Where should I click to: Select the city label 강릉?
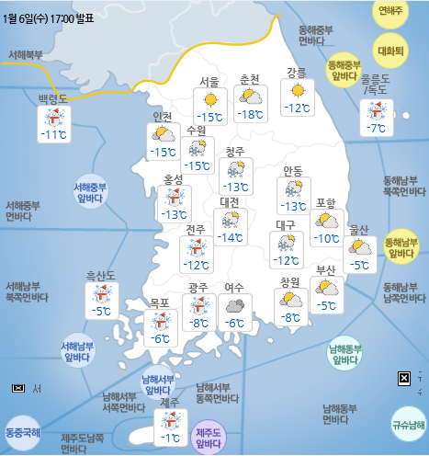pyautogui.click(x=296, y=73)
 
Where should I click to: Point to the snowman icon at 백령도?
pyautogui.click(x=54, y=117)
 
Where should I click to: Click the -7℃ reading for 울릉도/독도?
pyautogui.click(x=376, y=128)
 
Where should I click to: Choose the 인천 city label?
pyautogui.click(x=164, y=117)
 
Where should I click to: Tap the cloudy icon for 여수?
pyautogui.click(x=235, y=304)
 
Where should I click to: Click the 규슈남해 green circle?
pyautogui.click(x=407, y=424)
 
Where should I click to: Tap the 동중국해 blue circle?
pyautogui.click(x=22, y=431)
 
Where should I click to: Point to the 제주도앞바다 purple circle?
pyautogui.click(x=209, y=438)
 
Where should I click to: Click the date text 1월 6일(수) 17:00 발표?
pyautogui.click(x=53, y=15)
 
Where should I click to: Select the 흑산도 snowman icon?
pyautogui.click(x=100, y=294)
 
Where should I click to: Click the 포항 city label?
pyautogui.click(x=325, y=203)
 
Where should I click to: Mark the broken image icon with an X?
pyautogui.click(x=403, y=378)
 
